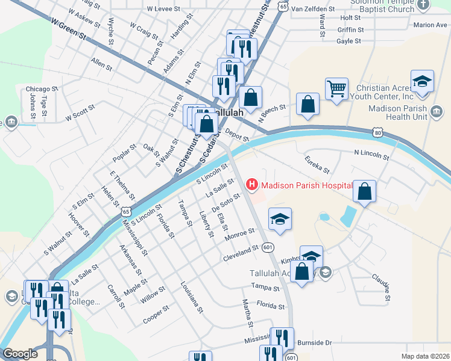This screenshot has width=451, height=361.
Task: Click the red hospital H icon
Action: (x=251, y=184)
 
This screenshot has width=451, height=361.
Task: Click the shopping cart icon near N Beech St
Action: (x=336, y=88)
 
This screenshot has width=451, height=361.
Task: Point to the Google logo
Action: (x=20, y=353)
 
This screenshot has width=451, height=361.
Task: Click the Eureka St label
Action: (x=317, y=162)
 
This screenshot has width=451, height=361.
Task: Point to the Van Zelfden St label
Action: (x=312, y=9)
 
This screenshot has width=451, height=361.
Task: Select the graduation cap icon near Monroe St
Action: (x=280, y=219)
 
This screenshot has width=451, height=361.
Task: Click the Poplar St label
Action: (x=124, y=153)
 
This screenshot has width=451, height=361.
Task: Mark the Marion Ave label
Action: (x=430, y=25)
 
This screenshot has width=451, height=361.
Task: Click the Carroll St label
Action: (x=116, y=296)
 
